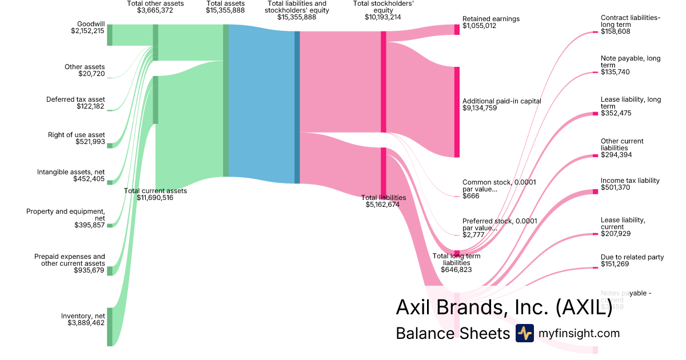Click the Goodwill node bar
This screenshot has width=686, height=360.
coord(110,35)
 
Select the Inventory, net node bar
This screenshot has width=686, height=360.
coord(110,326)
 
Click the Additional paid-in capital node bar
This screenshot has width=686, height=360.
coord(457,111)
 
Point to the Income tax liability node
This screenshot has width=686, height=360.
coord(595,191)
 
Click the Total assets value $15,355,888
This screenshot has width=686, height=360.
coord(225,10)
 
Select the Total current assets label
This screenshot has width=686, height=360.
coord(155,191)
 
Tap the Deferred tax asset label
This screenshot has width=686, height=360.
coord(75,99)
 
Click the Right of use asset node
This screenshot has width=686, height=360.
coord(110,146)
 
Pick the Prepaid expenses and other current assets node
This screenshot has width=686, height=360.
coord(110,270)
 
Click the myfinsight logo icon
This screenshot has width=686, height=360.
coord(524,333)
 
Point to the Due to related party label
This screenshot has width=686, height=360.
coord(632,257)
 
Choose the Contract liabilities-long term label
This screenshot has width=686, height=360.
coord(630,21)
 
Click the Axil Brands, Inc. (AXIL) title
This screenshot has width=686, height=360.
coord(504,307)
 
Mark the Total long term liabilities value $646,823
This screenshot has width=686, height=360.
coord(456,270)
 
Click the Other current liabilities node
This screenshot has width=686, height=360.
coord(595,155)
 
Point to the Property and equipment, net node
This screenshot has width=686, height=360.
coord(110,225)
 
